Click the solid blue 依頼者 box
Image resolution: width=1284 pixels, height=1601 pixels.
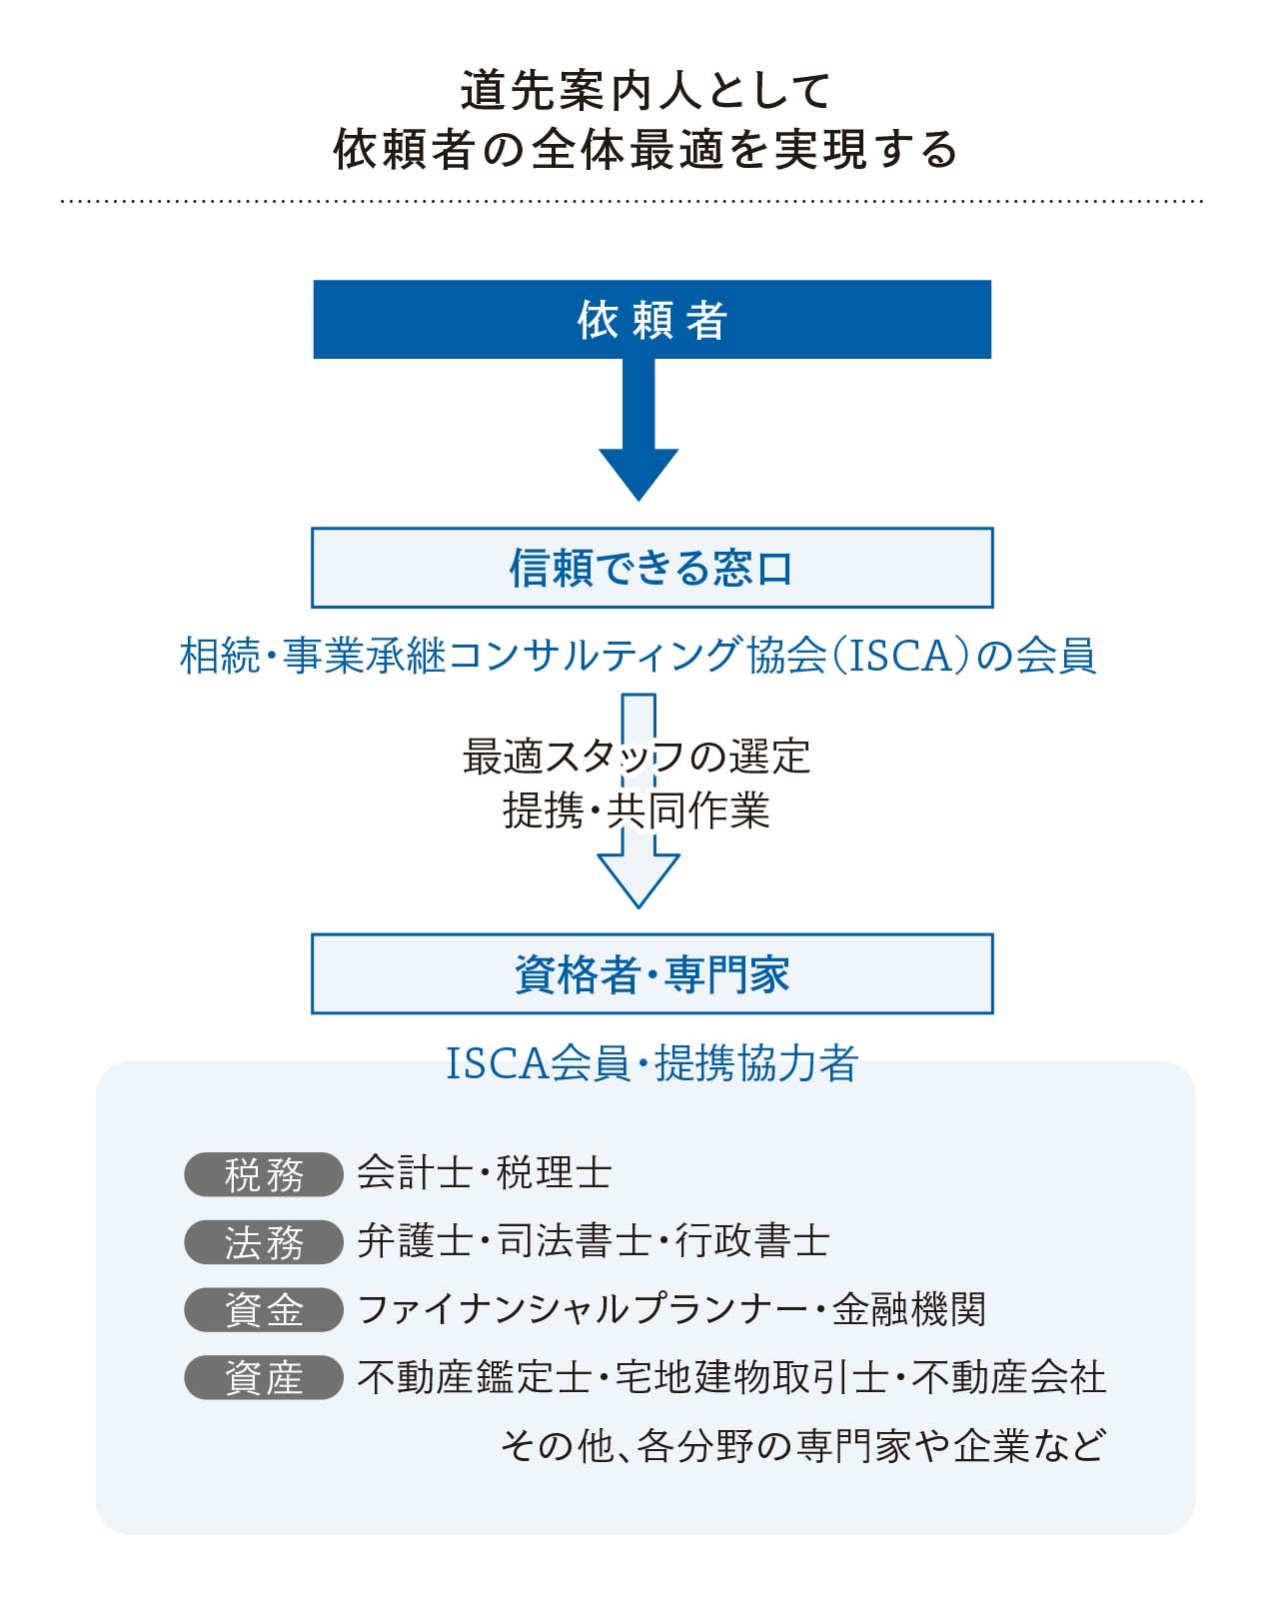(651, 319)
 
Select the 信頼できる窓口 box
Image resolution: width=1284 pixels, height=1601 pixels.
(651, 568)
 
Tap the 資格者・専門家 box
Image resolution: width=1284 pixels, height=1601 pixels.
(651, 973)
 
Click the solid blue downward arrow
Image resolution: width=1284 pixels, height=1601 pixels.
(639, 430)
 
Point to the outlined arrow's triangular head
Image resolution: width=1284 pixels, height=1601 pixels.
(639, 880)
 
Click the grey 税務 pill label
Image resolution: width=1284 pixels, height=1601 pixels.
(264, 1174)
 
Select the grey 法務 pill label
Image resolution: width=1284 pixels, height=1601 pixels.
(264, 1242)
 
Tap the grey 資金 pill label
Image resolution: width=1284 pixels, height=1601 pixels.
(264, 1310)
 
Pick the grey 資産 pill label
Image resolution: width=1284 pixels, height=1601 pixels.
(264, 1378)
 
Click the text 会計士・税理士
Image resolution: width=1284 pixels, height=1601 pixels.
(485, 1173)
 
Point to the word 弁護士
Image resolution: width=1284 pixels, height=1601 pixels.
(415, 1241)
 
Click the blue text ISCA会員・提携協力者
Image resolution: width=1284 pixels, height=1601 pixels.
(651, 1062)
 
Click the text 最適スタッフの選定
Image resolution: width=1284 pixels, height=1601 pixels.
(637, 756)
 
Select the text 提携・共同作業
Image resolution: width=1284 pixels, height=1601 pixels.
(637, 810)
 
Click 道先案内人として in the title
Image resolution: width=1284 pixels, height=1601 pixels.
(645, 91)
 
